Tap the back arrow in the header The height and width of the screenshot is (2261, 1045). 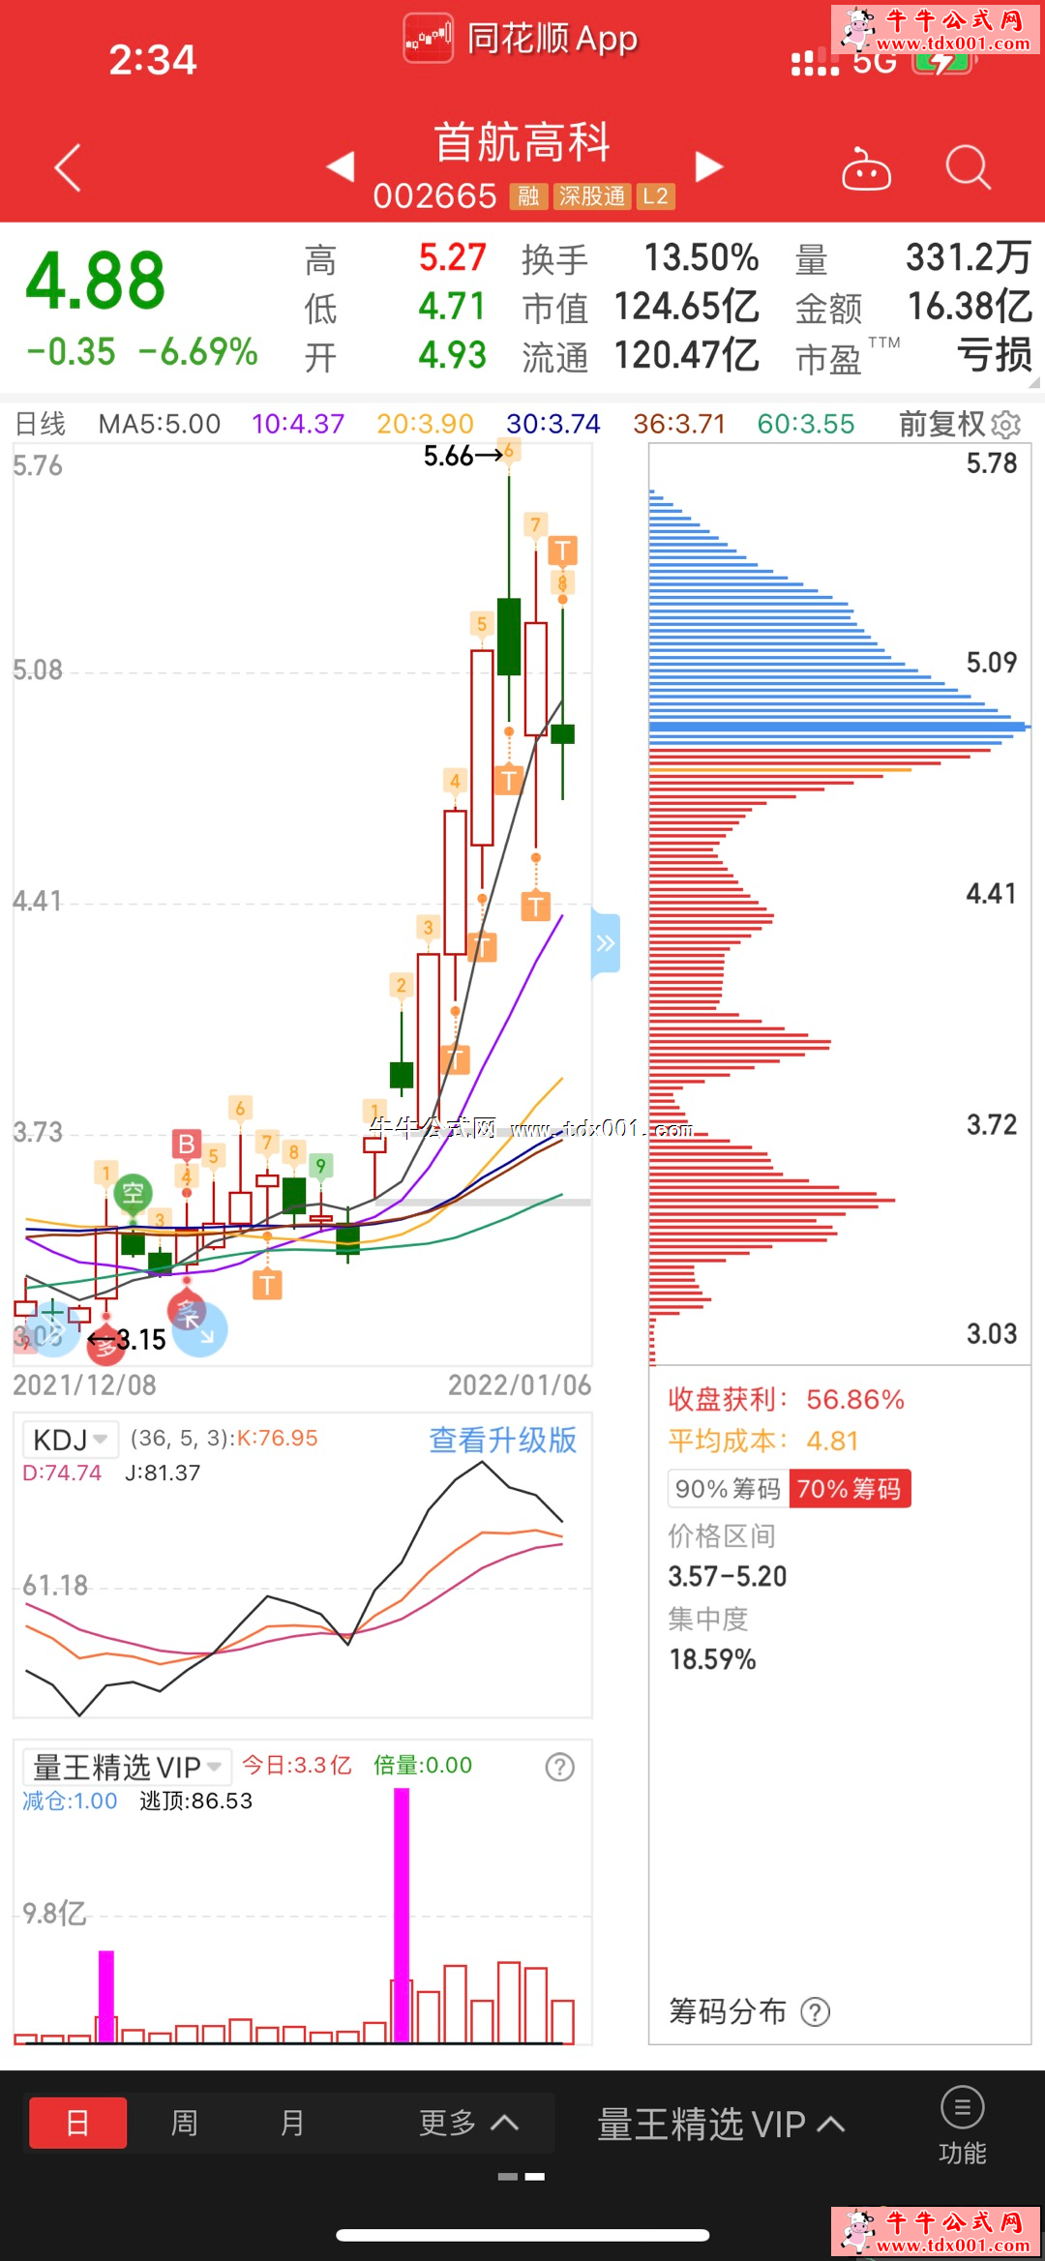[68, 168]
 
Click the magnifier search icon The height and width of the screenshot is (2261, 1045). [968, 167]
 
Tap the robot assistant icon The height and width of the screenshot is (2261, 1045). [866, 170]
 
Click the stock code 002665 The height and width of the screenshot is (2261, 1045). [434, 196]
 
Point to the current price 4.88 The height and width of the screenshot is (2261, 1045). [96, 281]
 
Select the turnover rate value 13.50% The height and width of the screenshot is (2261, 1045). [702, 258]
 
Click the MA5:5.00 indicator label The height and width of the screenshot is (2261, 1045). [160, 424]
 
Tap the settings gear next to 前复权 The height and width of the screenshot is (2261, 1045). [1006, 425]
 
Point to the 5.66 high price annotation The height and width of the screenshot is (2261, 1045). [449, 456]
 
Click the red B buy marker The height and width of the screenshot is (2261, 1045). [187, 1144]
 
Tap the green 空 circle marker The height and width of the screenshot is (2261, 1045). [133, 1193]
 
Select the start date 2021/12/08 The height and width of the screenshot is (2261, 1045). [85, 1385]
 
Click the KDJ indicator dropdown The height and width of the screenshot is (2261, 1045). [70, 1441]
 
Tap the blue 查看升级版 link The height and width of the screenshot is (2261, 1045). [502, 1441]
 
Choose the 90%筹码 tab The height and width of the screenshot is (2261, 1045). [728, 1489]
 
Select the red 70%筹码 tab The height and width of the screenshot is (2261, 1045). [850, 1489]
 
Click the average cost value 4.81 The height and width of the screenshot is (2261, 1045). [832, 1442]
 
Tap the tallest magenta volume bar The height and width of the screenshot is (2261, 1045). [402, 1916]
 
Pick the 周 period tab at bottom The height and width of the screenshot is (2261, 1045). [184, 2123]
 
